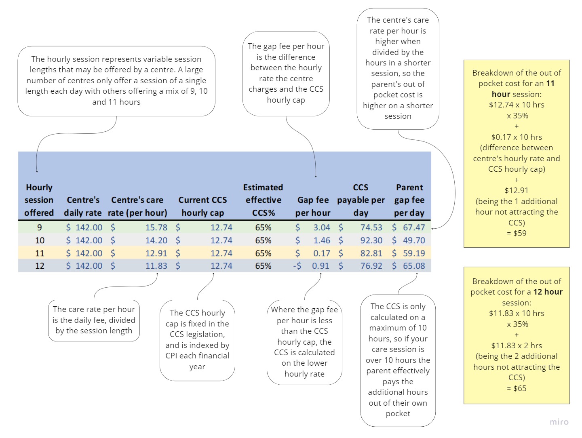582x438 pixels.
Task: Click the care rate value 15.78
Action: pyautogui.click(x=156, y=227)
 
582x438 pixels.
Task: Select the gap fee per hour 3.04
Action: pyautogui.click(x=322, y=227)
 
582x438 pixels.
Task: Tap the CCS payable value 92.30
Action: pyautogui.click(x=371, y=240)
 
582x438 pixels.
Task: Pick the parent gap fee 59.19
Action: pyautogui.click(x=414, y=253)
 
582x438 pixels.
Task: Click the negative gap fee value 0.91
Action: pyautogui.click(x=321, y=265)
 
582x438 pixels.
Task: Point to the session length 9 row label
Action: pyautogui.click(x=40, y=227)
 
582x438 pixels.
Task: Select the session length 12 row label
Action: pyautogui.click(x=40, y=265)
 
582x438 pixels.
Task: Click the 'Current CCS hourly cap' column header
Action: pyautogui.click(x=202, y=206)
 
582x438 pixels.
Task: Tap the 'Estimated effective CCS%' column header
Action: pyautogui.click(x=263, y=200)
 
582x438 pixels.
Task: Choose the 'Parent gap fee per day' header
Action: pyautogui.click(x=409, y=200)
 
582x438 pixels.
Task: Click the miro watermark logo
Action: pyautogui.click(x=559, y=421)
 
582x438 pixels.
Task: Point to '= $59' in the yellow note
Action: pyautogui.click(x=516, y=233)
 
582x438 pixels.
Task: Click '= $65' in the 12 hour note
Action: pyautogui.click(x=516, y=388)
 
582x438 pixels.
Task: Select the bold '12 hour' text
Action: pyautogui.click(x=548, y=292)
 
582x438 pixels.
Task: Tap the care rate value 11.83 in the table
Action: pyautogui.click(x=156, y=265)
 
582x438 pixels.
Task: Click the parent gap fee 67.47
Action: pyautogui.click(x=414, y=227)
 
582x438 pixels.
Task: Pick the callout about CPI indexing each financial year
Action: pyautogui.click(x=197, y=340)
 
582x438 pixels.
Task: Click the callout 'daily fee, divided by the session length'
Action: pyautogui.click(x=94, y=320)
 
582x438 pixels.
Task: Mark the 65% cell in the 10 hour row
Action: pyautogui.click(x=263, y=240)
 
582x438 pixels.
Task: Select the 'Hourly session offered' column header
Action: pyautogui.click(x=39, y=200)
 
